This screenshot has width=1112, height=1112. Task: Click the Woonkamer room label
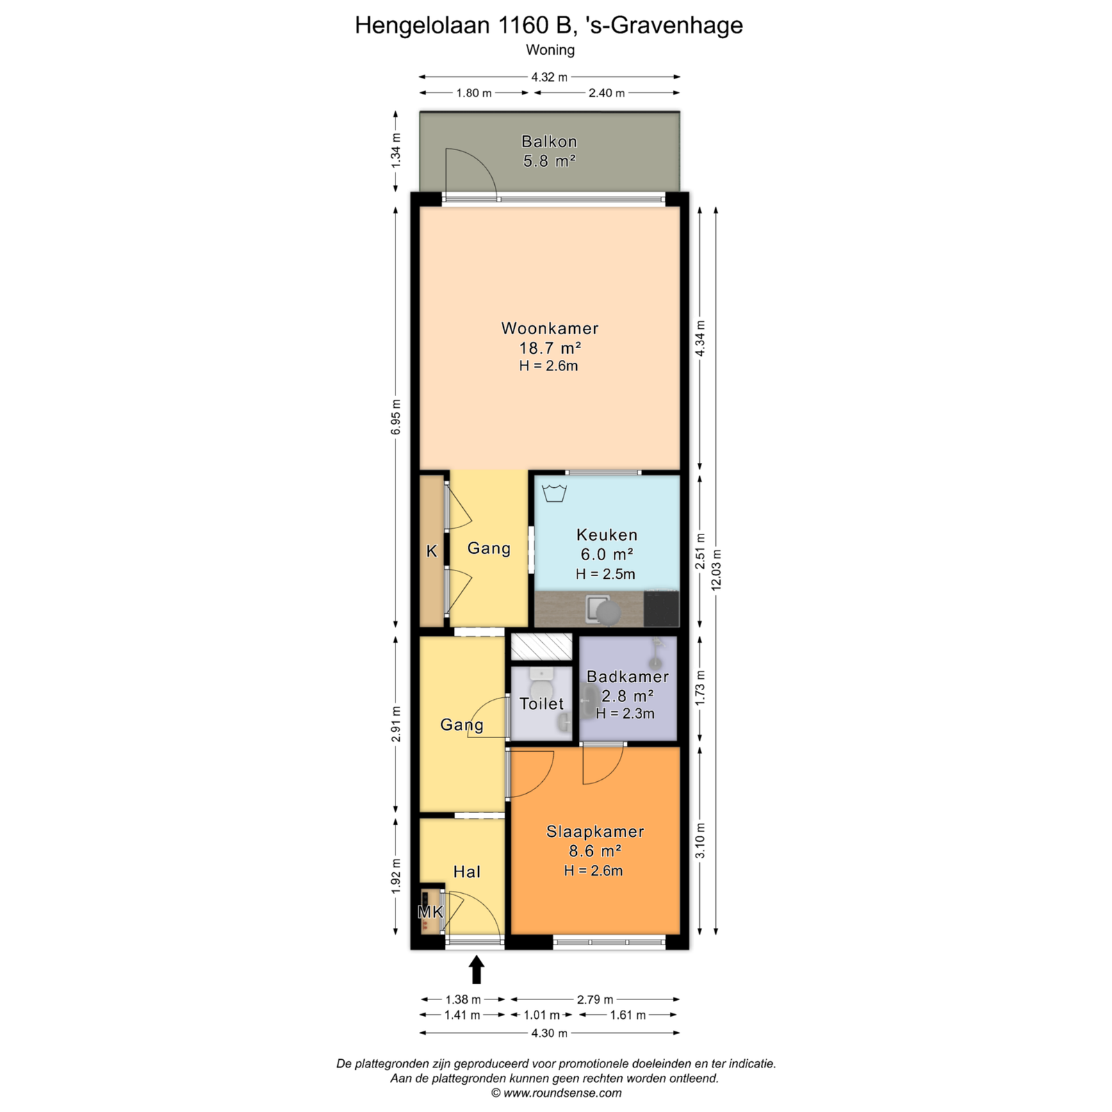coord(550,328)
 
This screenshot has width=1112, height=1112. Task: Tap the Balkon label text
coord(549,142)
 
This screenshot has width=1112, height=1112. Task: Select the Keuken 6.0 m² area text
coord(607,555)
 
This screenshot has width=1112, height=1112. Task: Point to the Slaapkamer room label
coord(595,831)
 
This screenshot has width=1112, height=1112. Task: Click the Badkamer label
coord(628,676)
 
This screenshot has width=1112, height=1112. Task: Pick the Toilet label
coord(542,703)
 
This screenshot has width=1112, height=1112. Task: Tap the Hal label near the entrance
coord(467,872)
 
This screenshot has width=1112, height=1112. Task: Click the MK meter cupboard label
coord(430,911)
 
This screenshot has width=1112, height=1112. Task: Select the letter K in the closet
coord(432,551)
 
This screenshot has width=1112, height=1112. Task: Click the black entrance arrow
coord(477,970)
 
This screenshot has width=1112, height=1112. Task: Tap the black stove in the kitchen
coord(661,608)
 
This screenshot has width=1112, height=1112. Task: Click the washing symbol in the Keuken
coord(554,493)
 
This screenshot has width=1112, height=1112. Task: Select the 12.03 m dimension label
coord(717,570)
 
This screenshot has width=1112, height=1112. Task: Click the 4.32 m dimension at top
coord(549,77)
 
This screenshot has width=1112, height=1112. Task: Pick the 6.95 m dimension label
coord(396,417)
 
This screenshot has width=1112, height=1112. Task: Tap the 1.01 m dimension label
coord(541,1015)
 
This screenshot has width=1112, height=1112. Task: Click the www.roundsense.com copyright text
coord(556,1093)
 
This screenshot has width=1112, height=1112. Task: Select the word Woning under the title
coord(550,50)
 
